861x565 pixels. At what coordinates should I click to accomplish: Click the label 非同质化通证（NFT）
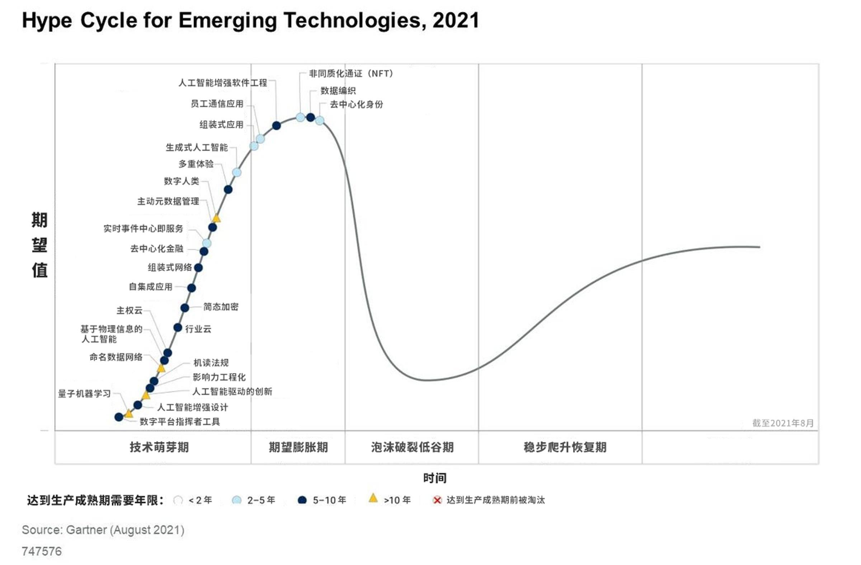tap(351, 74)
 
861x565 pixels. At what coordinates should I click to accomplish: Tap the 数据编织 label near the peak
tap(338, 90)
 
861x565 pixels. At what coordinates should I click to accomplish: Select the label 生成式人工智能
tap(197, 148)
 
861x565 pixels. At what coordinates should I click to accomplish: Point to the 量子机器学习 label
tap(84, 393)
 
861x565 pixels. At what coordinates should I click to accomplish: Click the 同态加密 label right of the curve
tap(221, 307)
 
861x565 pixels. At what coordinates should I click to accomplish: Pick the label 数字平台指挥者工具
tap(180, 422)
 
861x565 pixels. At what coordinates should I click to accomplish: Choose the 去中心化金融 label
tap(157, 249)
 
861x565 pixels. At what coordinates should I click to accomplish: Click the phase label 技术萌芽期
tap(159, 447)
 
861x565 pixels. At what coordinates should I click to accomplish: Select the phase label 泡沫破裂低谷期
tap(412, 447)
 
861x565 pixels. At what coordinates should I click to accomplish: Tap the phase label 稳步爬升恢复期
tap(565, 447)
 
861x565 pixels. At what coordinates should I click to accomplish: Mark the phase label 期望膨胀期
tap(298, 447)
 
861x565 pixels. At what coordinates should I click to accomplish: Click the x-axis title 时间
tap(434, 478)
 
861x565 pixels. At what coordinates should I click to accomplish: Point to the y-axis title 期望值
tap(39, 245)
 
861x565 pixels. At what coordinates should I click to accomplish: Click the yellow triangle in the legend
tap(373, 498)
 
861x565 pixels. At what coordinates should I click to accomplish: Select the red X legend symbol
tap(437, 500)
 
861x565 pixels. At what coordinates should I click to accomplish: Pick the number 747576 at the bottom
tap(42, 551)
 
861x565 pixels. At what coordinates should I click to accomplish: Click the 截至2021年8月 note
tap(783, 423)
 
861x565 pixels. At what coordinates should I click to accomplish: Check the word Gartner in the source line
tap(87, 530)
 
